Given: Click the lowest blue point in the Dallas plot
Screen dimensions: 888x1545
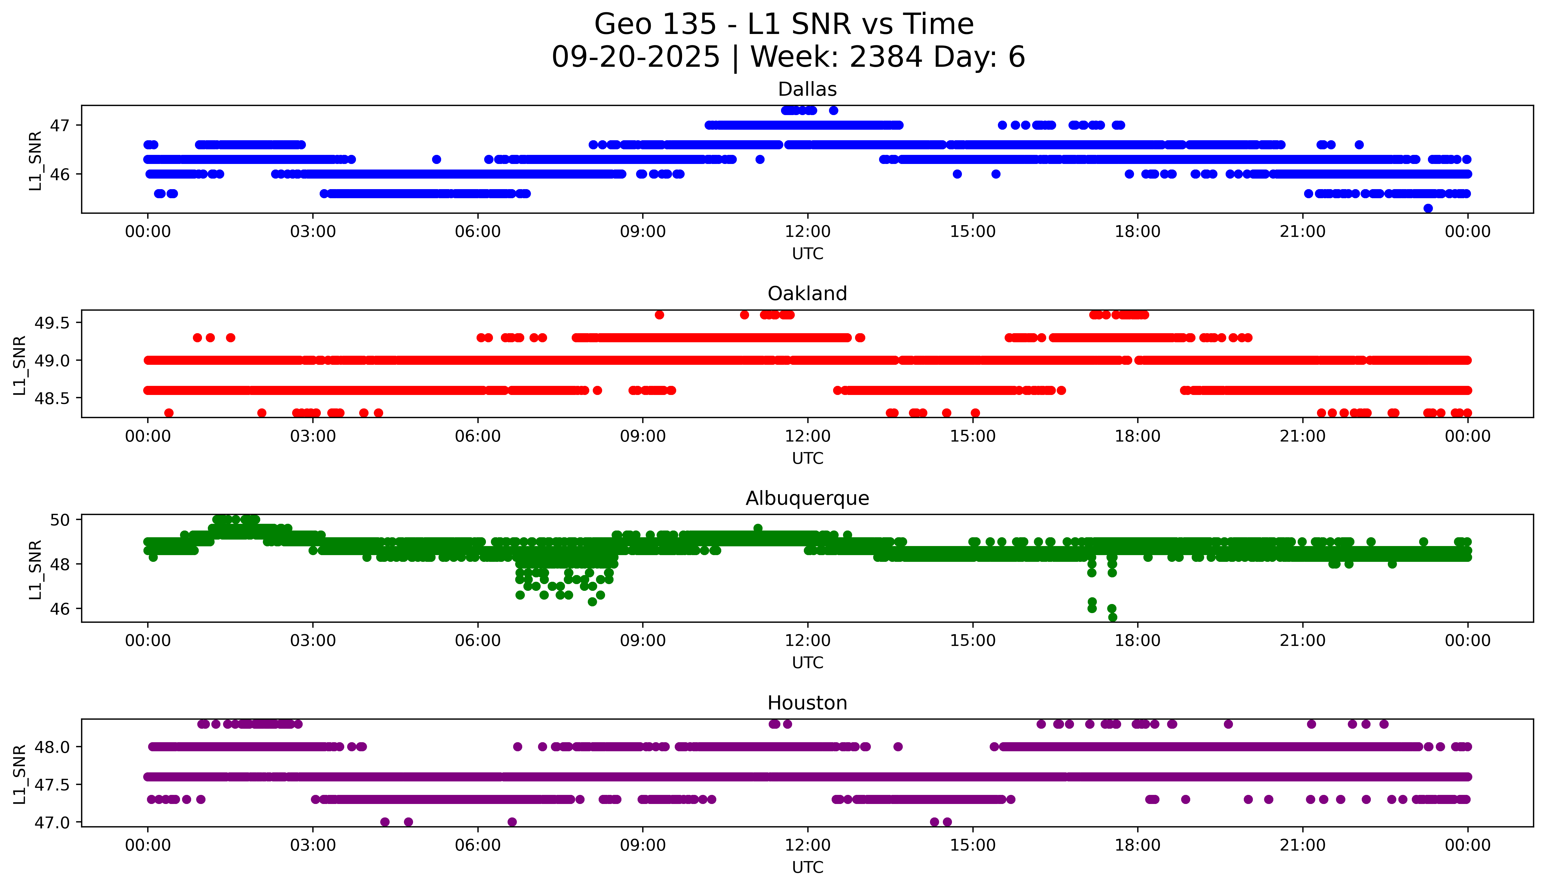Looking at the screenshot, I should [1428, 208].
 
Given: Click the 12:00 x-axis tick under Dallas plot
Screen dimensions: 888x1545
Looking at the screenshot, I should [807, 232].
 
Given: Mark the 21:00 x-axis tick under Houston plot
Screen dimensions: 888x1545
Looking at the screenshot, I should [1302, 845].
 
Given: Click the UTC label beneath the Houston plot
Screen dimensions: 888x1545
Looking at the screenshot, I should [807, 867].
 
